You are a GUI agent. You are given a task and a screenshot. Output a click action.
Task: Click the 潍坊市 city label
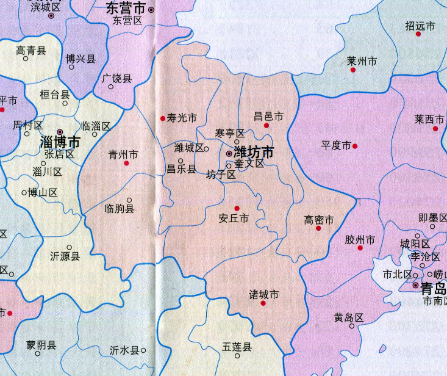pos(254,152)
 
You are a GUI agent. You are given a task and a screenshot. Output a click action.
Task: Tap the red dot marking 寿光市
pos(163,118)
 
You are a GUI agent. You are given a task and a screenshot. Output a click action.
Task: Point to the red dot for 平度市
pos(355,146)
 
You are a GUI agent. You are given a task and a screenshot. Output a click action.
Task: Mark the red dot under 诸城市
pos(263,303)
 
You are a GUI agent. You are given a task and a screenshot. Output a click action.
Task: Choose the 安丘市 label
pos(234,218)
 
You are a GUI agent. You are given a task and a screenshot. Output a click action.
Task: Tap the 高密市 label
pos(319,220)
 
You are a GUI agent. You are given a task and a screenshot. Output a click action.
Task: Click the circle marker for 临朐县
pos(129,200)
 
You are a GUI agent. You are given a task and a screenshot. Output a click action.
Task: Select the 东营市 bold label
pos(126,9)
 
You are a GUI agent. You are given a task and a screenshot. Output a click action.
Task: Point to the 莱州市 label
pos(362,62)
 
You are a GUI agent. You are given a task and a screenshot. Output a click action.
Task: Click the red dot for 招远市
pos(418,34)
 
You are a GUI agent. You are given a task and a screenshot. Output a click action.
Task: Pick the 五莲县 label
pos(237,347)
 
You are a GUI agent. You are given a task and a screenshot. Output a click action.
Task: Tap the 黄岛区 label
pos(348,317)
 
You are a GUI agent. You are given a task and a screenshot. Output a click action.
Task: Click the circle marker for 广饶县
pos(111,87)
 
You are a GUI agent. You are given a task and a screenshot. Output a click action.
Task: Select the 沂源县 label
pos(65,257)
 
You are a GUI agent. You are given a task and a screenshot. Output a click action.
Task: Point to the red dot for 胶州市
pos(360,248)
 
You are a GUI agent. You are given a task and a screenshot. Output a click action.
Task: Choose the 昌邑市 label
pos(268,116)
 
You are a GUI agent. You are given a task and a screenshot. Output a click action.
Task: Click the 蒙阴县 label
pos(41,345)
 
